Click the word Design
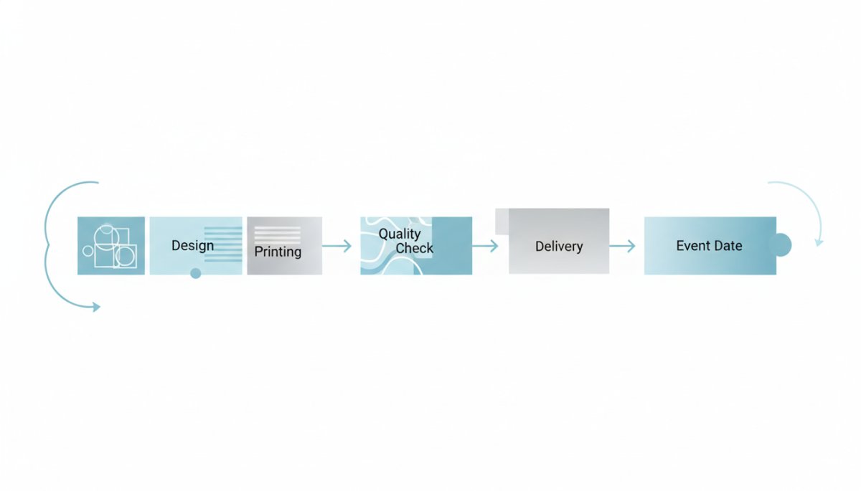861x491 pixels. point(192,246)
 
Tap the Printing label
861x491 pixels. point(278,252)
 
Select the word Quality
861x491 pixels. point(400,234)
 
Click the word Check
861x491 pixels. point(415,248)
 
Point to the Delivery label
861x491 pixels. point(559,247)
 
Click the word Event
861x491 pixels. point(692,246)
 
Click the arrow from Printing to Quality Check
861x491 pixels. point(337,246)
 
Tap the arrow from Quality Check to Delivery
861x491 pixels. point(485,246)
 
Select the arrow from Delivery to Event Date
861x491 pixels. point(622,246)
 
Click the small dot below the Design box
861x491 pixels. point(196,273)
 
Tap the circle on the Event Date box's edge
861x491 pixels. point(780,245)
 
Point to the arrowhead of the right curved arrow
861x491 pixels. point(819,242)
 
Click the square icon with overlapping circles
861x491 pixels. point(111,246)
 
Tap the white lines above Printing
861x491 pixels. point(278,234)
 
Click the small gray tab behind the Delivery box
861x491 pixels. point(501,221)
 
